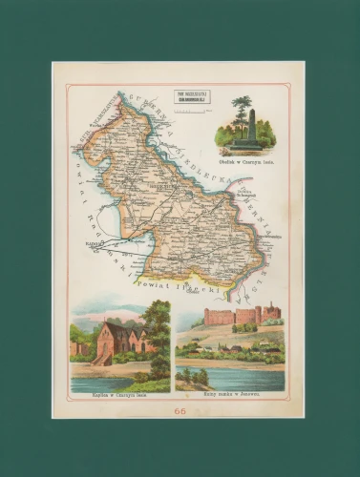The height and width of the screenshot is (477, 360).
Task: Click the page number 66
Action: click(180, 411)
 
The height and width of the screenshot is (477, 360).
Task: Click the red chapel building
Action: click(115, 341)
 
